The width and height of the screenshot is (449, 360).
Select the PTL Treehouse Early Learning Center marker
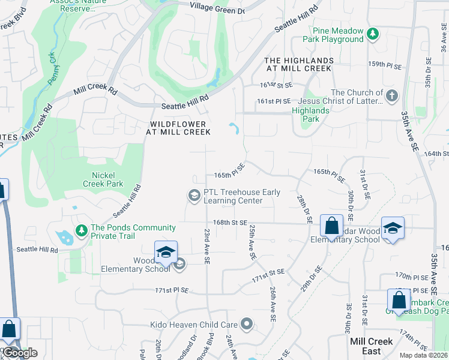point(194,196)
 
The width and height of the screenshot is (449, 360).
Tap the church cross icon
point(391,95)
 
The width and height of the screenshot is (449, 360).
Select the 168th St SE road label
point(231,222)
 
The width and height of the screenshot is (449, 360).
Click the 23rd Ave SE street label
point(206,246)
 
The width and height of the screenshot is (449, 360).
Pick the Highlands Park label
point(310,115)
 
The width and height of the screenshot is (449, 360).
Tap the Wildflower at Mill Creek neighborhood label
point(178,128)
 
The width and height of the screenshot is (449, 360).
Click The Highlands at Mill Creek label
point(298,65)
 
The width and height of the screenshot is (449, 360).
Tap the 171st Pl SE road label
point(172,290)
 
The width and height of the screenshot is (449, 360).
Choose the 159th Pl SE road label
point(384,64)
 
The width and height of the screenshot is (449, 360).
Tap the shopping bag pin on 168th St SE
point(331,227)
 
